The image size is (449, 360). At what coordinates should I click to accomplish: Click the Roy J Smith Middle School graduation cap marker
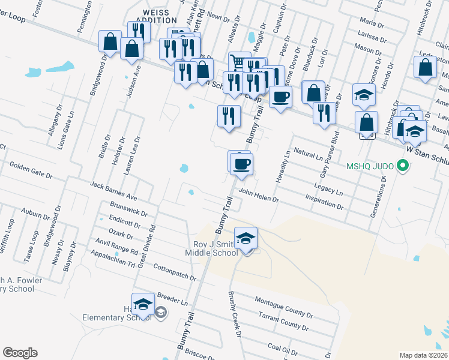246,239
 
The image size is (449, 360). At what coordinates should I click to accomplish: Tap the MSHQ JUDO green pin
404,166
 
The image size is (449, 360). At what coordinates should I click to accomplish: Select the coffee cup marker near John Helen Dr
241,163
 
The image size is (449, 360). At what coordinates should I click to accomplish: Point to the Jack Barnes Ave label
114,191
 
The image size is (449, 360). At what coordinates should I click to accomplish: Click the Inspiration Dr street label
324,204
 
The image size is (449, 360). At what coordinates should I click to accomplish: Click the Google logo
20,353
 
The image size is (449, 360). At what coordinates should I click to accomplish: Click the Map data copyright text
423,355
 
